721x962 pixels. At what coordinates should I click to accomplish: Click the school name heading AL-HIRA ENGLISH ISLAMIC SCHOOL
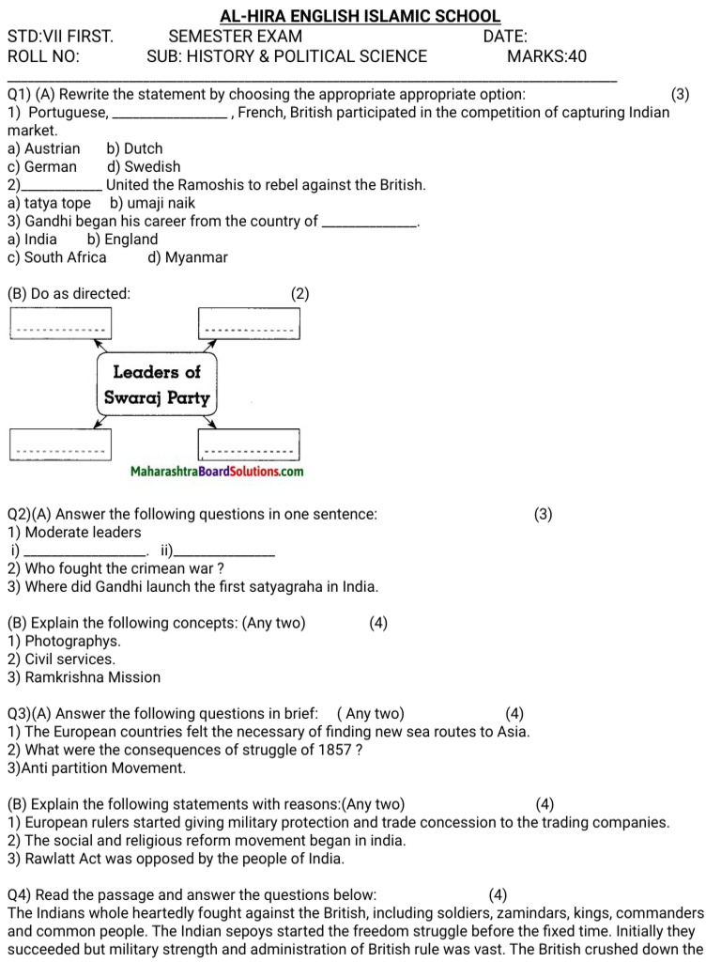point(360,17)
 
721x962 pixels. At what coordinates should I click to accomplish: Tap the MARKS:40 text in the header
point(546,56)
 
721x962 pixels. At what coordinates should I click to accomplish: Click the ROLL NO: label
point(43,56)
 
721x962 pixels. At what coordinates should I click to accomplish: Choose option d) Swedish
point(144,166)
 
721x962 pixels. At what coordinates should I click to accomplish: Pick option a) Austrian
point(43,148)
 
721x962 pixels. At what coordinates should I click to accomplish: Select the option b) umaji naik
point(152,203)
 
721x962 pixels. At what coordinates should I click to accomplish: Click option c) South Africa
point(56,257)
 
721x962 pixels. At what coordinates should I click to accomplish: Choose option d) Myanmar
point(188,257)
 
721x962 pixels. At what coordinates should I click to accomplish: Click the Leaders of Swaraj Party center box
point(157,384)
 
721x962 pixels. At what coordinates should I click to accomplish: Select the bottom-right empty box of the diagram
point(249,443)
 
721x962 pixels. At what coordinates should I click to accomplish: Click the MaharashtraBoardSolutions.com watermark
point(217,472)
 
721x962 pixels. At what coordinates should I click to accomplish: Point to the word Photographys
point(64,642)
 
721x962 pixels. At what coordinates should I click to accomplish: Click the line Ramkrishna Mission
point(84,677)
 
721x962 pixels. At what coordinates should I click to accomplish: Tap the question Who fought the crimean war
point(115,569)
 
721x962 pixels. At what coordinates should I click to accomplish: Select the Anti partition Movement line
point(97,768)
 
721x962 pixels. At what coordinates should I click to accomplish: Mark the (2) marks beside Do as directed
point(299,294)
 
